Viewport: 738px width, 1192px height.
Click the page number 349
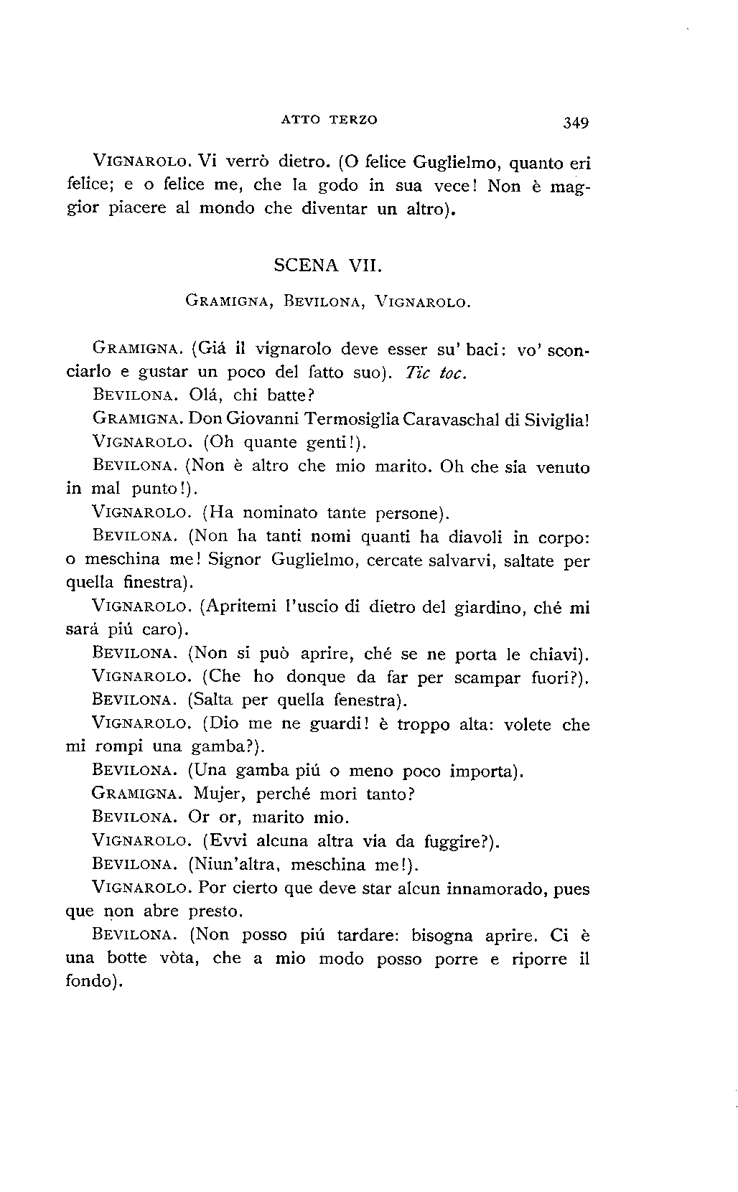click(576, 123)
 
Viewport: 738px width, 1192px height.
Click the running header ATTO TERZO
click(328, 120)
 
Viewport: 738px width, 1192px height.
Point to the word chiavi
click(554, 654)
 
